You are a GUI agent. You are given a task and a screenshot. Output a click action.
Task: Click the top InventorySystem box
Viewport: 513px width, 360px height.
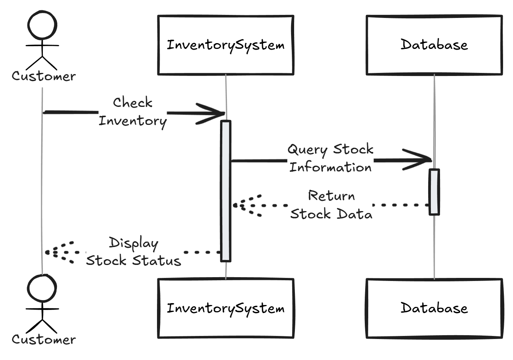pos(226,45)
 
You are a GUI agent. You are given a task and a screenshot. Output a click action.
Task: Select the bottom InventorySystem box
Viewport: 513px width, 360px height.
pos(226,308)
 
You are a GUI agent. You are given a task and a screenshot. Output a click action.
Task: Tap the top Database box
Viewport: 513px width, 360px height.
pos(434,45)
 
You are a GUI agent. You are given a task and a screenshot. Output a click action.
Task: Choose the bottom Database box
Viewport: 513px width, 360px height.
pos(434,308)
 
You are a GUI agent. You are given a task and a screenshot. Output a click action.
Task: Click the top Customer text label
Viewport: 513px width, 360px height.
pos(44,76)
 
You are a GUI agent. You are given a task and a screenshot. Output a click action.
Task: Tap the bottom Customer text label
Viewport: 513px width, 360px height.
pos(44,339)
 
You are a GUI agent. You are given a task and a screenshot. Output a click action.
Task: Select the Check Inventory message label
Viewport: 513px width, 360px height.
pos(133,111)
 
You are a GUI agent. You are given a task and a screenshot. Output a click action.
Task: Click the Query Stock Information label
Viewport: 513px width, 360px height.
pos(330,158)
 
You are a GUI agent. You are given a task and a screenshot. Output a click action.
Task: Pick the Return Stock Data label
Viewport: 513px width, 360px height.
pos(331,205)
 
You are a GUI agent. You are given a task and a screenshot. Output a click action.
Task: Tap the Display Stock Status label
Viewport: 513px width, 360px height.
pos(133,252)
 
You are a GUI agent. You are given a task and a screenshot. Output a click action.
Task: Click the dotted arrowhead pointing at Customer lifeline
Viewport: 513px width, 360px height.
pos(57,252)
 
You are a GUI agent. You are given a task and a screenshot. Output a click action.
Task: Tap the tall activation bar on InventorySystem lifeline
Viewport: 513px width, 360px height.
pos(226,191)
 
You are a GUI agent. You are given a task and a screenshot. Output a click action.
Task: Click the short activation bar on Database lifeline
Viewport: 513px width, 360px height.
pos(434,192)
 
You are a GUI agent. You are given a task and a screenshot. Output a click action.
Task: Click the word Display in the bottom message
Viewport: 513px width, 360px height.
pos(133,243)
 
